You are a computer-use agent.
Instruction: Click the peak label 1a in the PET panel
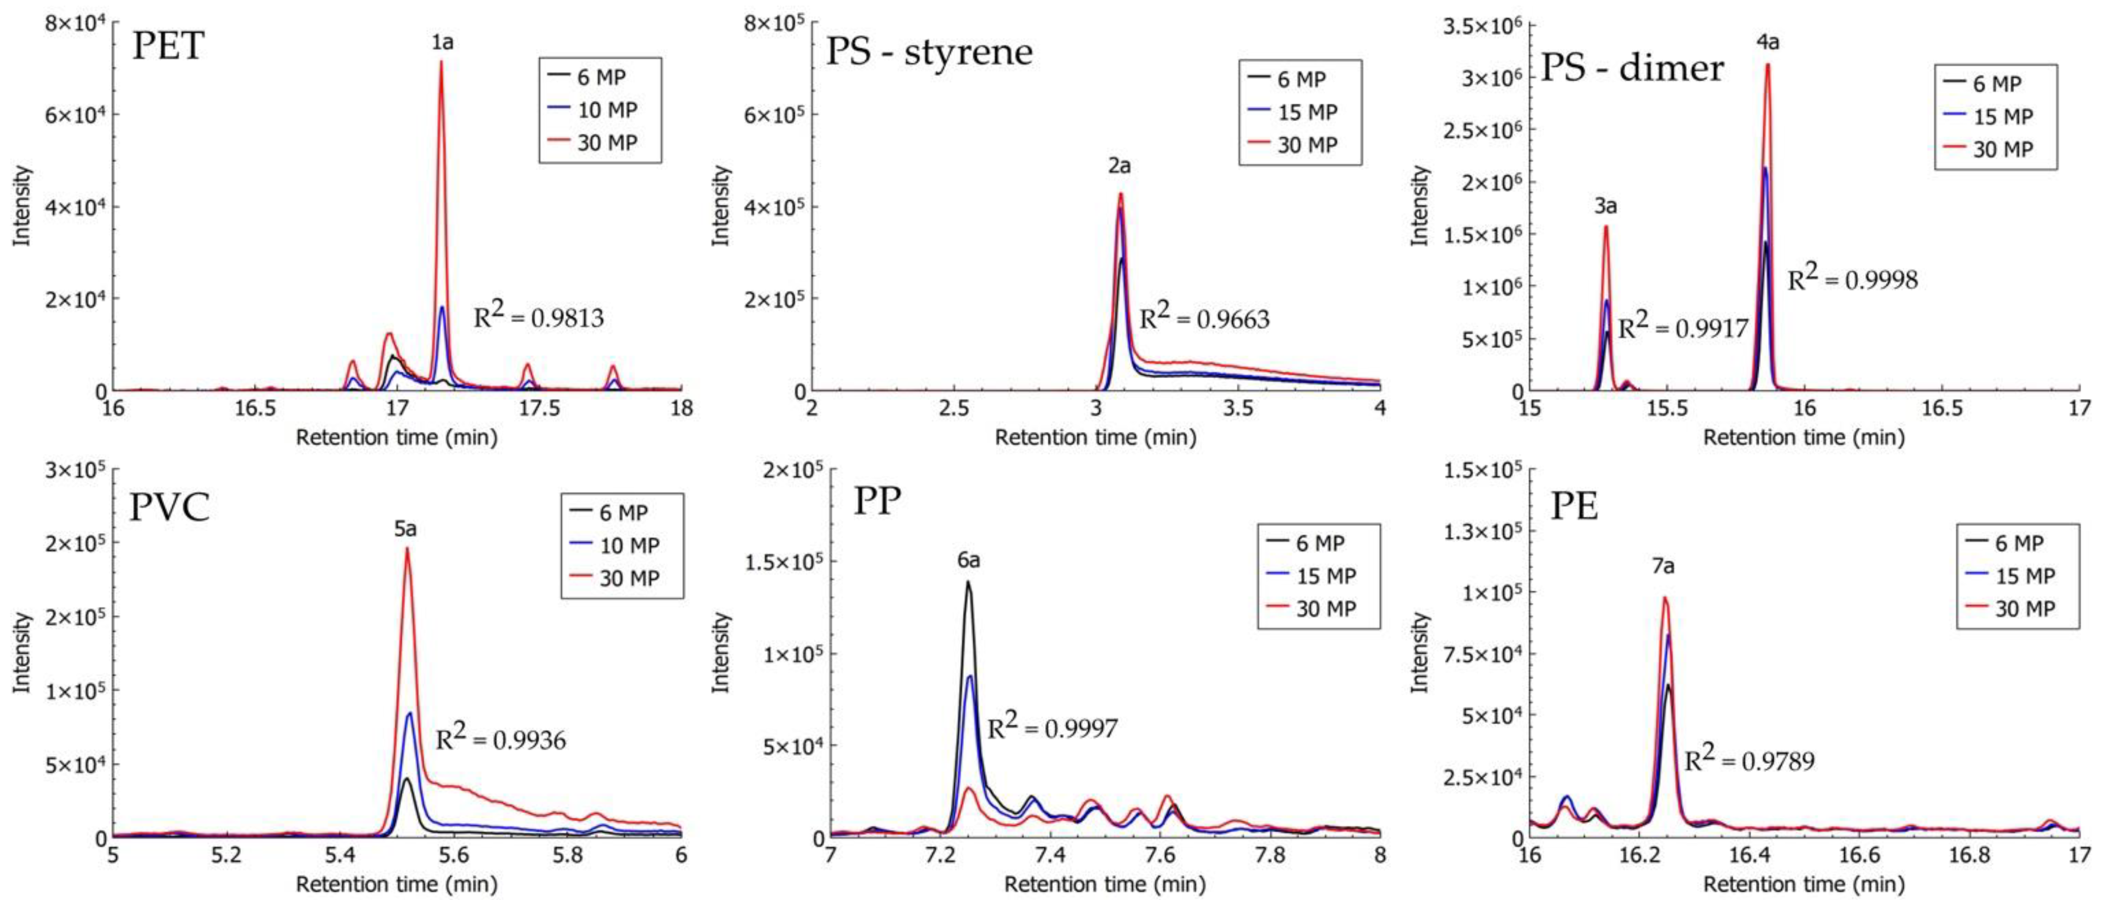click(442, 42)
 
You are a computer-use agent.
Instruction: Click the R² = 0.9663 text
click(1204, 318)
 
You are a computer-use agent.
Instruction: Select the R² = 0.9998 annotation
click(1852, 278)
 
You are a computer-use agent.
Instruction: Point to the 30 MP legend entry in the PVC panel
click(628, 578)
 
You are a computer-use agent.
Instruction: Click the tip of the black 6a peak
click(968, 582)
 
